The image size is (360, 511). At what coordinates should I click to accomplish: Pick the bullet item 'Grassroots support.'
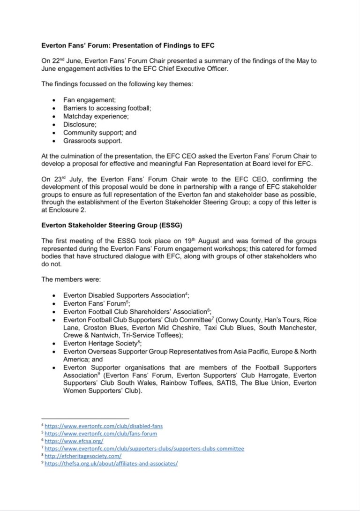tap(93, 140)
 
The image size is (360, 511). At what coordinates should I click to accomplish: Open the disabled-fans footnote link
tap(104, 426)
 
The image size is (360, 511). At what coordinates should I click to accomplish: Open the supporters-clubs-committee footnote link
tap(144, 449)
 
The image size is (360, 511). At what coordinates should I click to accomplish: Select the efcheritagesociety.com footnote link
tap(83, 456)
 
